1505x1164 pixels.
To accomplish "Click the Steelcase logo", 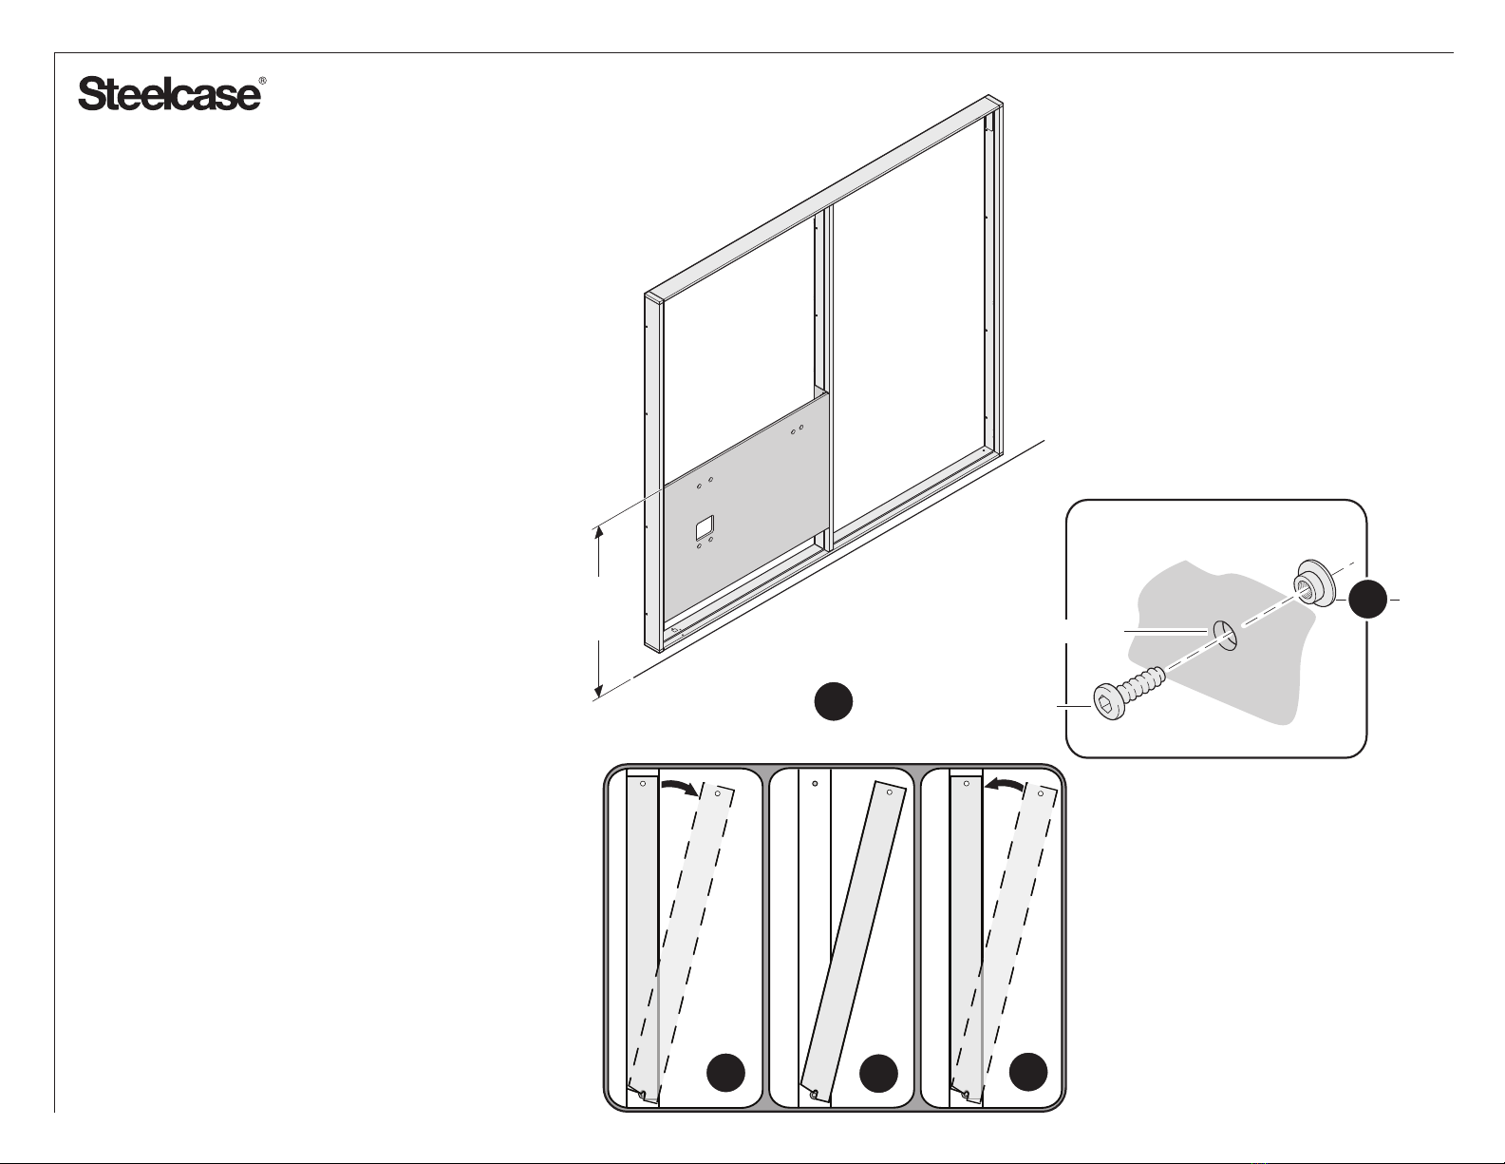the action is coord(170,94).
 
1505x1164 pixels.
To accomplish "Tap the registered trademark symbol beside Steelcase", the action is coord(262,81).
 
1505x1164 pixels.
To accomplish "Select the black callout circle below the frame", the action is coord(833,702).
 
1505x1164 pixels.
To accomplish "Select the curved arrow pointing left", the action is coord(1004,784).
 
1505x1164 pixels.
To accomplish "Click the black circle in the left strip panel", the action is coord(725,1073).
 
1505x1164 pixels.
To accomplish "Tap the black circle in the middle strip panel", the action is coord(878,1073).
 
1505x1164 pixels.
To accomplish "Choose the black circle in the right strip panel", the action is coord(1028,1073).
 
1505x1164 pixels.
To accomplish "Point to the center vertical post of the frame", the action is coord(823,380).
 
